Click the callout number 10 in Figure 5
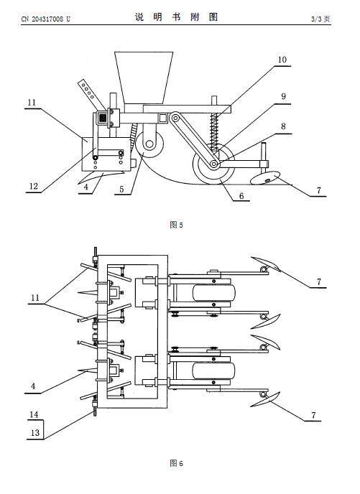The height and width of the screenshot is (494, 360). pyautogui.click(x=282, y=60)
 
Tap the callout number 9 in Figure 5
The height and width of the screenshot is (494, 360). pyautogui.click(x=283, y=96)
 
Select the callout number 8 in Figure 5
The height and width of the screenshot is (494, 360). pyautogui.click(x=283, y=126)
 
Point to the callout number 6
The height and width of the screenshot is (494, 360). pyautogui.click(x=241, y=196)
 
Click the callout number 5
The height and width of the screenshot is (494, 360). pyautogui.click(x=121, y=190)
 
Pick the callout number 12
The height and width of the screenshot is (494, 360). pyautogui.click(x=34, y=186)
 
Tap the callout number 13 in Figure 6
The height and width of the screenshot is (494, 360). pyautogui.click(x=35, y=433)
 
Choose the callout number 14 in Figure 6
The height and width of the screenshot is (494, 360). pyautogui.click(x=34, y=414)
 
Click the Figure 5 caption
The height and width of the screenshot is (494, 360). pyautogui.click(x=176, y=225)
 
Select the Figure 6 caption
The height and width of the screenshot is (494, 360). pyautogui.click(x=176, y=463)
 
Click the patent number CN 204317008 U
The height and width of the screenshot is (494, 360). pyautogui.click(x=46, y=19)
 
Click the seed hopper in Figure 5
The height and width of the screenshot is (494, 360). pyautogui.click(x=144, y=78)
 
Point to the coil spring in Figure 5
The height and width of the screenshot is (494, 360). pyautogui.click(x=214, y=130)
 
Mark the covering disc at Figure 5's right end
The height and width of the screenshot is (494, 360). pyautogui.click(x=265, y=177)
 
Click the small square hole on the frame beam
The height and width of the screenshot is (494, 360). pyautogui.click(x=163, y=118)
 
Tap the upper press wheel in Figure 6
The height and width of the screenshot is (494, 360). pyautogui.click(x=214, y=293)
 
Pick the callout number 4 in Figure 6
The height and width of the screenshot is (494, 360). pyautogui.click(x=34, y=386)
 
